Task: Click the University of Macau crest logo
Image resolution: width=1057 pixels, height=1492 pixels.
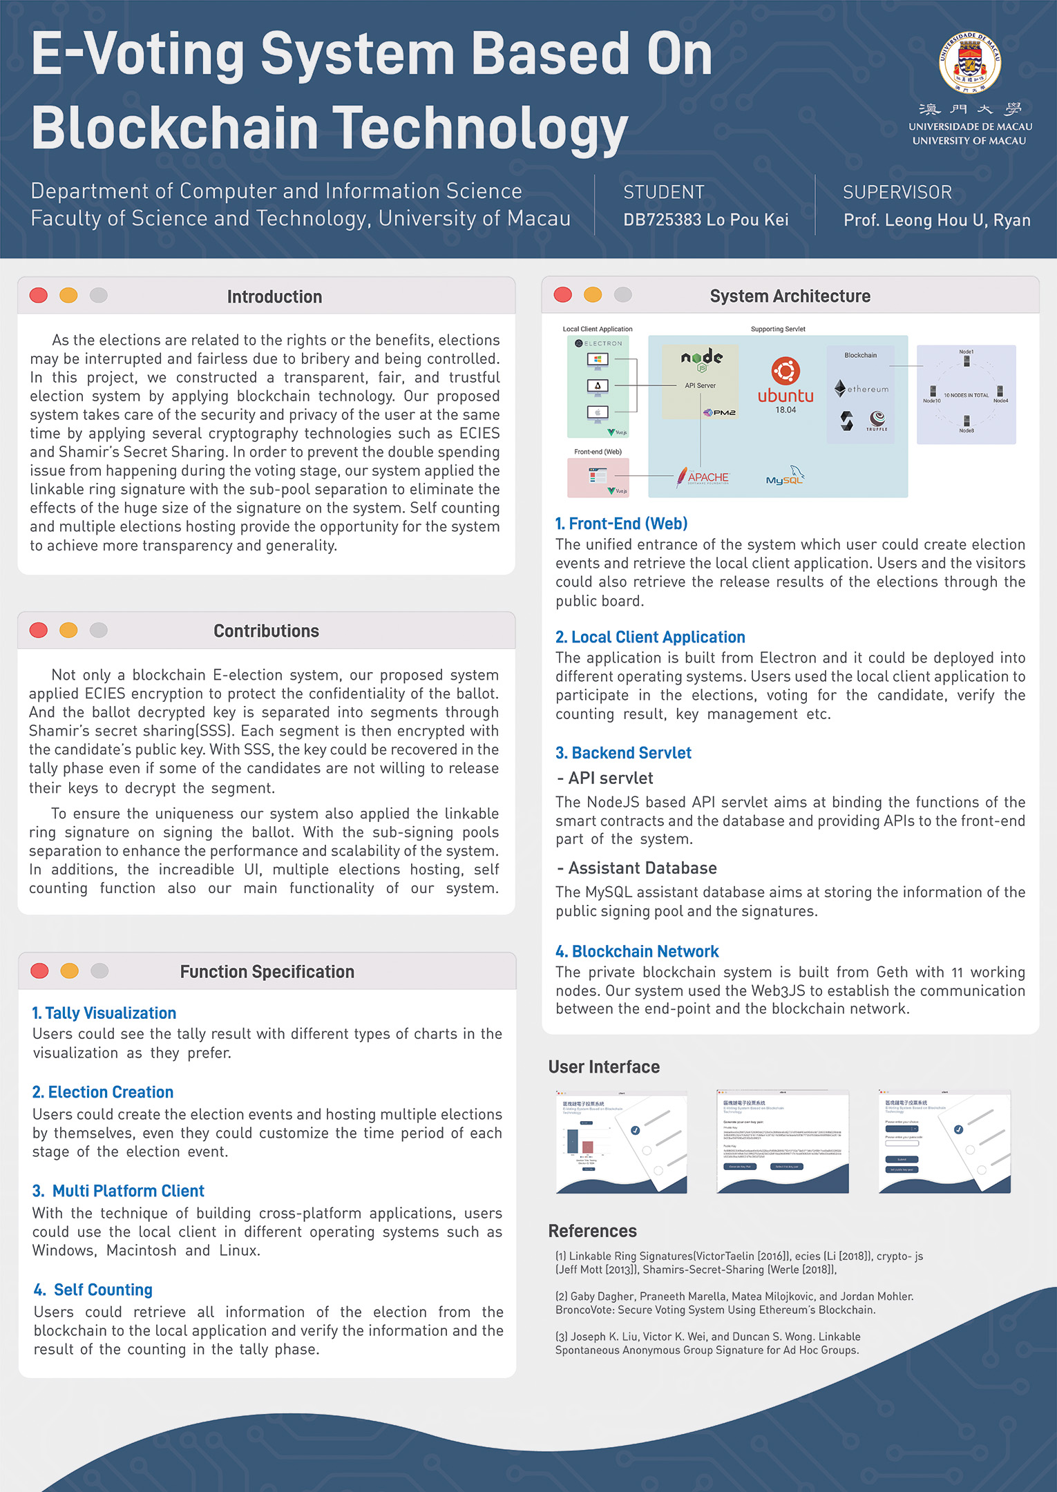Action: (x=969, y=62)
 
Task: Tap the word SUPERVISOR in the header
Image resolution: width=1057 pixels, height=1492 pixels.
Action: (x=897, y=192)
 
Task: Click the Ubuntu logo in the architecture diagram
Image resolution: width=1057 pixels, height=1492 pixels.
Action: (x=785, y=372)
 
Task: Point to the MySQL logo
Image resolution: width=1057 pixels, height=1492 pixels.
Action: (x=785, y=477)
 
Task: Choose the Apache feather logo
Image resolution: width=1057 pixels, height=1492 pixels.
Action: (x=683, y=477)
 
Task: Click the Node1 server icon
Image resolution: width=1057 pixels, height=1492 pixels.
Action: (x=966, y=361)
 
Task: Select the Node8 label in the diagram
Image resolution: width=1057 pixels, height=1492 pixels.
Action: (x=966, y=430)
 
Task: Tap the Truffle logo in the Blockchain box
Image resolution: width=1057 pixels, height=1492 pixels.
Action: (x=877, y=419)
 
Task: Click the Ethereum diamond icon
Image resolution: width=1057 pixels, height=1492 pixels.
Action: (x=840, y=388)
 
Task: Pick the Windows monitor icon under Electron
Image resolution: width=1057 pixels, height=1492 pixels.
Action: (x=598, y=359)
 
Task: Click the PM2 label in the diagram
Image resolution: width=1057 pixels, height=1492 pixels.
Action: (x=723, y=412)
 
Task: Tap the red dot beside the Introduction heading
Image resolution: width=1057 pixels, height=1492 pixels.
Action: (x=39, y=296)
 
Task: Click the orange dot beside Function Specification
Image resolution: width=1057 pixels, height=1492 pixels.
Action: (x=69, y=970)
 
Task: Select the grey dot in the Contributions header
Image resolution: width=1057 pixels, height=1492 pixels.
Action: (x=99, y=630)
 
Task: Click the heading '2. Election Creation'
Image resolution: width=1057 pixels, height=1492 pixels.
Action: (x=103, y=1092)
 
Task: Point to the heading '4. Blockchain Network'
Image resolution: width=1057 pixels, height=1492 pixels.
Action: (x=637, y=951)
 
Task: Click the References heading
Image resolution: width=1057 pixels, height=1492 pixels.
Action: (x=592, y=1231)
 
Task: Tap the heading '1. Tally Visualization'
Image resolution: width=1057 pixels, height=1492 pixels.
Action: (x=104, y=1013)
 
